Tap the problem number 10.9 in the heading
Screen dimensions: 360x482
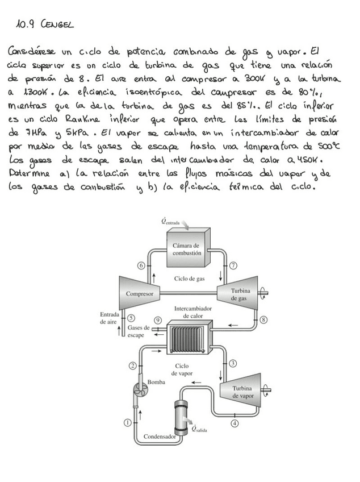click(x=26, y=25)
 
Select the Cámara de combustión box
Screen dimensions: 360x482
click(x=186, y=248)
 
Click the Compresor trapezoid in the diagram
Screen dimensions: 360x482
click(x=139, y=293)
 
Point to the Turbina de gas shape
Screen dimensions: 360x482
click(x=238, y=293)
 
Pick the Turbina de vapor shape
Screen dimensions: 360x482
click(x=242, y=392)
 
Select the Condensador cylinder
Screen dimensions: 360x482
click(x=181, y=417)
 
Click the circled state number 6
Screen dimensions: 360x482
click(x=140, y=265)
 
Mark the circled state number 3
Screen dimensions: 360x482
click(x=233, y=363)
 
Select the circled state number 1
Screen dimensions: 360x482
click(x=128, y=422)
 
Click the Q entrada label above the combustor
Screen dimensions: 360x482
click(x=170, y=223)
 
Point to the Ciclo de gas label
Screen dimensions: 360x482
click(x=189, y=279)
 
